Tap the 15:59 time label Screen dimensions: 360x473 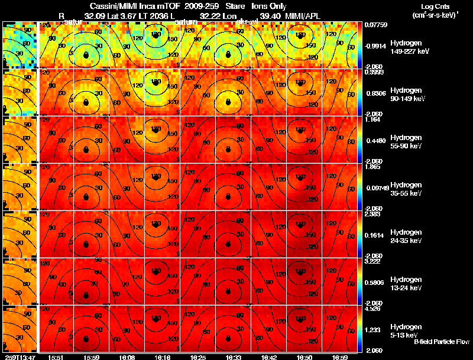click(92, 357)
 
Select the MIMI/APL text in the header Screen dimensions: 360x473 click(304, 15)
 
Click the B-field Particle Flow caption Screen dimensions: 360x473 click(442, 342)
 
